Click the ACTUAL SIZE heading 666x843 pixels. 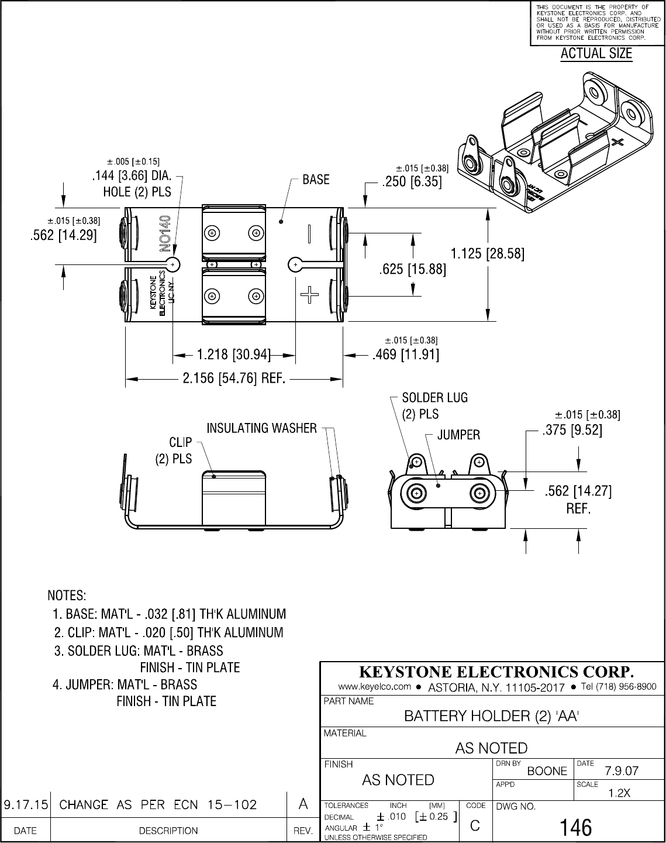[x=596, y=54]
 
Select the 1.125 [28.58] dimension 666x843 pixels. [x=487, y=254]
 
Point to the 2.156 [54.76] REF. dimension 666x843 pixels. [x=234, y=379]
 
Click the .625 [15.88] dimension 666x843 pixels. [x=413, y=269]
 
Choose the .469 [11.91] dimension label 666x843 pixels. [x=406, y=355]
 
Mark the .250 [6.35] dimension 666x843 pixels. [x=412, y=183]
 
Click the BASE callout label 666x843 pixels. [x=316, y=180]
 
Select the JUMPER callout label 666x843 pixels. [x=459, y=435]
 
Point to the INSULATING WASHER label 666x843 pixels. [x=261, y=428]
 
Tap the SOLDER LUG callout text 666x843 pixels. [x=434, y=398]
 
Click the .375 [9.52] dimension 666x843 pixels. [x=572, y=431]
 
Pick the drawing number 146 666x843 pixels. [x=576, y=827]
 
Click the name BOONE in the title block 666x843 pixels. [x=547, y=771]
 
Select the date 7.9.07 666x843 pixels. [x=622, y=771]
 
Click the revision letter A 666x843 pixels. [x=303, y=804]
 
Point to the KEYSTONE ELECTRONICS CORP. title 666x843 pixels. [x=496, y=670]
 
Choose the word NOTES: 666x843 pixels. [x=67, y=596]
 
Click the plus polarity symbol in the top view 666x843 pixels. [x=309, y=294]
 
